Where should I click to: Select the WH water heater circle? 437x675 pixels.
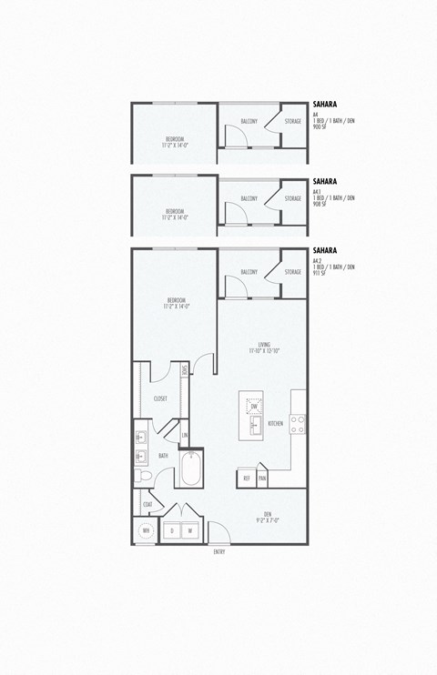pos(146,531)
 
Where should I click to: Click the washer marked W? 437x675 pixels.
pos(190,530)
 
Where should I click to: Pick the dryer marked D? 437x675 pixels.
pos(171,530)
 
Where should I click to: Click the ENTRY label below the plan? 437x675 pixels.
pos(219,552)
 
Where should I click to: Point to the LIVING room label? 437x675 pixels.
pos(264,345)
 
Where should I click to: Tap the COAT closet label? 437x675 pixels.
pos(147,504)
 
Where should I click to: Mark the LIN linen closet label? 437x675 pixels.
pos(185,436)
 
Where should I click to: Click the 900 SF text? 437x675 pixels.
pos(319,128)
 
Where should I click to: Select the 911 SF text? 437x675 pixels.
pos(319,273)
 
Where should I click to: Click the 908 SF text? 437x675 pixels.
pos(319,204)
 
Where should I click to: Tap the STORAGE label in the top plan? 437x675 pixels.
pos(292,121)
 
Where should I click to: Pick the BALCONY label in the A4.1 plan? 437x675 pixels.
pos(249,198)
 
